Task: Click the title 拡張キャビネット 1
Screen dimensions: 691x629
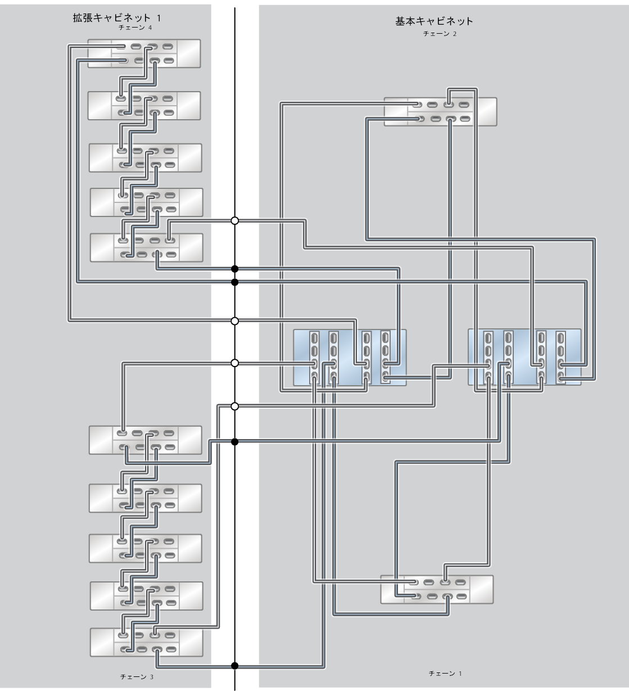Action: tap(116, 19)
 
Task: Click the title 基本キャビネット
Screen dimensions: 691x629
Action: tap(434, 22)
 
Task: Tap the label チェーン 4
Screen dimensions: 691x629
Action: tap(135, 28)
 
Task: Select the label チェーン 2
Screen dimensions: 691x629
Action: tap(440, 34)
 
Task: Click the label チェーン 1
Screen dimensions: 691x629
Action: tap(445, 673)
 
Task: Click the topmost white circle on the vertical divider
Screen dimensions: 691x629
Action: tap(235, 220)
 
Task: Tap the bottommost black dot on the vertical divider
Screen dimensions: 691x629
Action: tap(235, 666)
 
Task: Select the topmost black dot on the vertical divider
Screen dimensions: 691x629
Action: tap(235, 269)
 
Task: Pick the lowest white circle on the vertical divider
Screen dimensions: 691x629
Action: tap(235, 406)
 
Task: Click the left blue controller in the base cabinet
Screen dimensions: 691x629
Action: tap(350, 358)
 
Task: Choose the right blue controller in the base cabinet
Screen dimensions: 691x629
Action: tap(524, 358)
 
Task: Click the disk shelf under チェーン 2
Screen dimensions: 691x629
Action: tap(440, 111)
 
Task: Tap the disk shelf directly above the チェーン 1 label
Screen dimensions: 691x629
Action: tap(437, 589)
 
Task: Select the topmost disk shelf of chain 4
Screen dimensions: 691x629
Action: tap(144, 53)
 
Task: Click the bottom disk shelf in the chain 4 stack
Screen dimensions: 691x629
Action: tap(147, 247)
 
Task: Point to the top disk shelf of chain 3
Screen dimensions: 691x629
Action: tap(146, 440)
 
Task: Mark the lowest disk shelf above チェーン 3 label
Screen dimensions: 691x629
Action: tap(146, 642)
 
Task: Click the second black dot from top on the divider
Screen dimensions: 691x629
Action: tap(235, 282)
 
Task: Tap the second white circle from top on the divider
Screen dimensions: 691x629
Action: tap(235, 321)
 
